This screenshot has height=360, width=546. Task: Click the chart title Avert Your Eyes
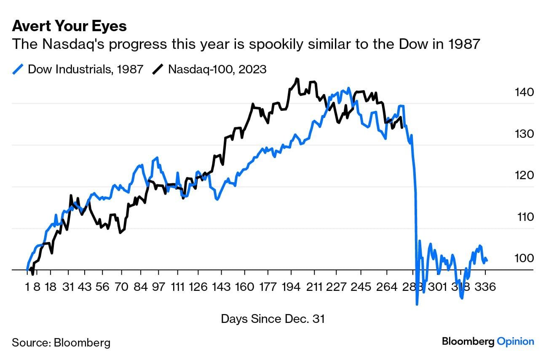[69, 26]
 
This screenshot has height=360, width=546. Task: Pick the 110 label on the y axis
[525, 217]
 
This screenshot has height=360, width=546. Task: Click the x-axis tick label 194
[289, 287]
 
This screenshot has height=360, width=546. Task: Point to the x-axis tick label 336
[485, 287]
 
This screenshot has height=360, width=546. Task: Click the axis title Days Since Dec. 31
[273, 319]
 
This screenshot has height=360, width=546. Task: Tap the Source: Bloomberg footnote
[61, 342]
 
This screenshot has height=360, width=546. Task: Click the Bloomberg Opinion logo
[488, 341]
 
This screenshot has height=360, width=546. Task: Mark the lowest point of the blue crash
[417, 304]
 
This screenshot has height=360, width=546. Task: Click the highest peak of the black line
[297, 79]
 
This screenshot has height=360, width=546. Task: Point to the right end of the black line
[402, 127]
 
